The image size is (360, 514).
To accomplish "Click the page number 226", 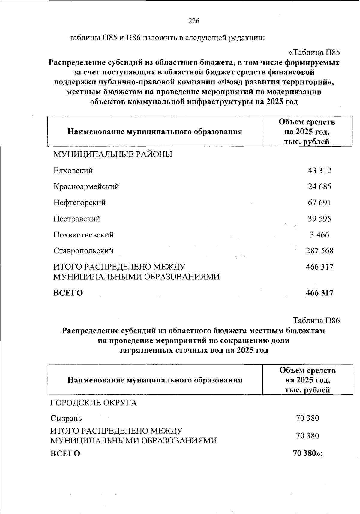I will coord(194,21).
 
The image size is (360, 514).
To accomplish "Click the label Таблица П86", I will coord(316,321).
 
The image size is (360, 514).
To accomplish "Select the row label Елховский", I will coord(73,171).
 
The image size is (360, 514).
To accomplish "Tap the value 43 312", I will coord(319,171).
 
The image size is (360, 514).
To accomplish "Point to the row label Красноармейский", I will coord(86,186).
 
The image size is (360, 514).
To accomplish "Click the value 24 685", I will coord(319,186).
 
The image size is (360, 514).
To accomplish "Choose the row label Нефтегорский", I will coord(79,203).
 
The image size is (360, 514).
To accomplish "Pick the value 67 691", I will coord(319,203).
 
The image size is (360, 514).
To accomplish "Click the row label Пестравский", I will coord(77,219).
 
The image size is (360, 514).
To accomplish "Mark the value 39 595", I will coord(319,219).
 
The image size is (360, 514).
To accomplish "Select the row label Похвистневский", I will coord(84,235).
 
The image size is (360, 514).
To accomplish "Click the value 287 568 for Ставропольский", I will coord(319,251).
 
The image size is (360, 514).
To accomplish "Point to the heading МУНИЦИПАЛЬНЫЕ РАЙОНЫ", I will coord(112,155).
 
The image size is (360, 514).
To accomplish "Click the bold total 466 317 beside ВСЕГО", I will coord(319,293).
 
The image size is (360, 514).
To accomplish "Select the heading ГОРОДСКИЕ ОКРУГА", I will coord(93,403).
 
